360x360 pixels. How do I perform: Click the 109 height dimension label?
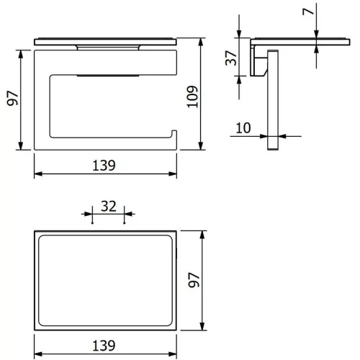point(193,96)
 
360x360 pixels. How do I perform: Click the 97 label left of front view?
point(12,98)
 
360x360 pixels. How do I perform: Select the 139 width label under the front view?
point(104,166)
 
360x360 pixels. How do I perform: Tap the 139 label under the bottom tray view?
point(104,346)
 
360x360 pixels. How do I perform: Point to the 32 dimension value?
point(109,207)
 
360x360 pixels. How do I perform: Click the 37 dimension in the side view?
point(231,58)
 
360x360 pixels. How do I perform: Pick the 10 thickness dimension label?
point(243,128)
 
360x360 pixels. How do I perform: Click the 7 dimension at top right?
point(308,12)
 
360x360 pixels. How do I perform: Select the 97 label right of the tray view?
point(194,280)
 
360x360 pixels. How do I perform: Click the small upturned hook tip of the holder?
point(174,132)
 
